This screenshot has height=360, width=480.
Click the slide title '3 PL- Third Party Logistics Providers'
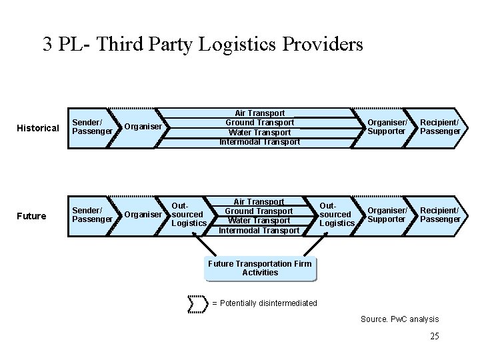click(203, 44)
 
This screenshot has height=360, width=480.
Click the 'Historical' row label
click(38, 128)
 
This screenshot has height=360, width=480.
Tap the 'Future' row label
click(32, 216)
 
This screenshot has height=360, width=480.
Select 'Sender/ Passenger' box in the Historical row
click(92, 127)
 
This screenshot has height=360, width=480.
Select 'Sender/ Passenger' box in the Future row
click(92, 215)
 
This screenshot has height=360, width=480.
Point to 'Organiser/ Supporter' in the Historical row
click(387, 127)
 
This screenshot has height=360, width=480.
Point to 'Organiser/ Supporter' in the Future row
click(387, 215)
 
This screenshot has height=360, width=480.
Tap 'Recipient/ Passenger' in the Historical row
click(440, 127)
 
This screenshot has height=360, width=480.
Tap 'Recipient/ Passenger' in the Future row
click(440, 215)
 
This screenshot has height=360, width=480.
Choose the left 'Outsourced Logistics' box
click(189, 215)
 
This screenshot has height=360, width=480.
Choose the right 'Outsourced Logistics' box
click(337, 215)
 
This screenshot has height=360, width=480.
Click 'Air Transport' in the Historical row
click(260, 113)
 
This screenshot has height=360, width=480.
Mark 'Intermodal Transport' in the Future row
click(260, 231)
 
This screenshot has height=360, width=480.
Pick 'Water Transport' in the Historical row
click(260, 132)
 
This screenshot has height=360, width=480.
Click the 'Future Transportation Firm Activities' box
click(260, 268)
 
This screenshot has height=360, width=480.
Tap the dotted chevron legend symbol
click(199, 303)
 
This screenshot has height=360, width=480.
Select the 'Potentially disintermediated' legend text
click(265, 303)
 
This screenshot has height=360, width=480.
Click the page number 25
click(435, 336)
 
